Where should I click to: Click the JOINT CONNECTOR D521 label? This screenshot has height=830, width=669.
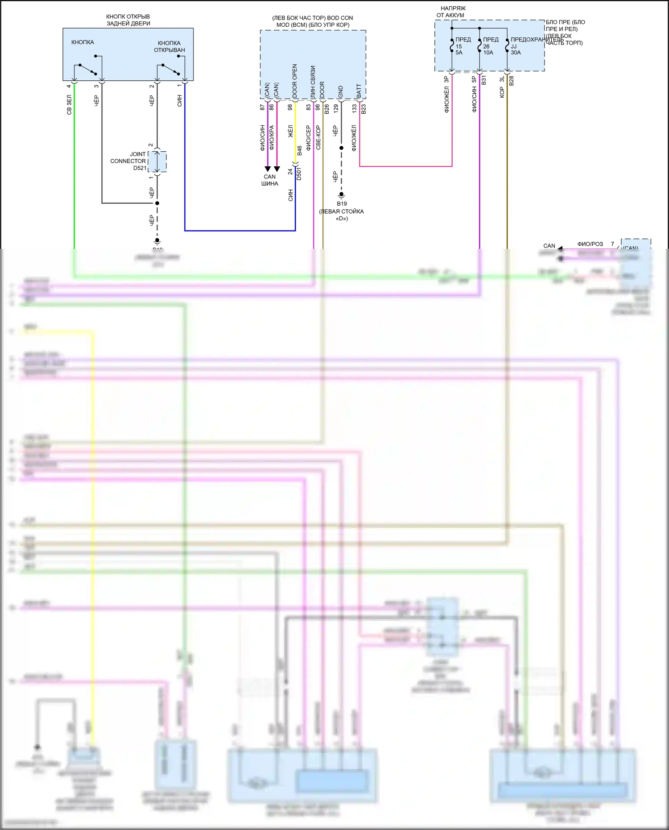click(129, 161)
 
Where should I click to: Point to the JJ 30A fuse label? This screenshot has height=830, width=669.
click(516, 49)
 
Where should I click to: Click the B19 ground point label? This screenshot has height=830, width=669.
click(342, 204)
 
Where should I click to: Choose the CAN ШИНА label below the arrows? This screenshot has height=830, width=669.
click(270, 180)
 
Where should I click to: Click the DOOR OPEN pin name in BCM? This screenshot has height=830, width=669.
click(295, 81)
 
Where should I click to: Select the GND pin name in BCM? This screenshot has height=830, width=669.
click(341, 92)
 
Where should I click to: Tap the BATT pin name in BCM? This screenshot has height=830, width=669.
click(359, 91)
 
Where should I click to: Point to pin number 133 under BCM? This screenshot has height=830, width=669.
click(355, 108)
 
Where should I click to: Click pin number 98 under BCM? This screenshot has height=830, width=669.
click(290, 107)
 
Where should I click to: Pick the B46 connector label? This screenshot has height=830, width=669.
click(300, 151)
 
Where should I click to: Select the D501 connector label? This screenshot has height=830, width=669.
click(299, 173)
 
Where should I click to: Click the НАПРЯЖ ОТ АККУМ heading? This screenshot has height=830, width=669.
click(451, 12)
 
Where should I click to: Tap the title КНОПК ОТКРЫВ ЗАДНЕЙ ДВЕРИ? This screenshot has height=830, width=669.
click(128, 20)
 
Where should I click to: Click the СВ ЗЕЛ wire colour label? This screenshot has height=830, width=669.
click(69, 105)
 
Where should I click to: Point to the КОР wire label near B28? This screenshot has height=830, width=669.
click(502, 92)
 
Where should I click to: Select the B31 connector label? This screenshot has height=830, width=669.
click(484, 80)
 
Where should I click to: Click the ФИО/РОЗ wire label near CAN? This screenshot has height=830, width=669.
click(590, 244)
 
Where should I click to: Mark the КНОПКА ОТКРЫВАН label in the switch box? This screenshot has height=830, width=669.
click(169, 46)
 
